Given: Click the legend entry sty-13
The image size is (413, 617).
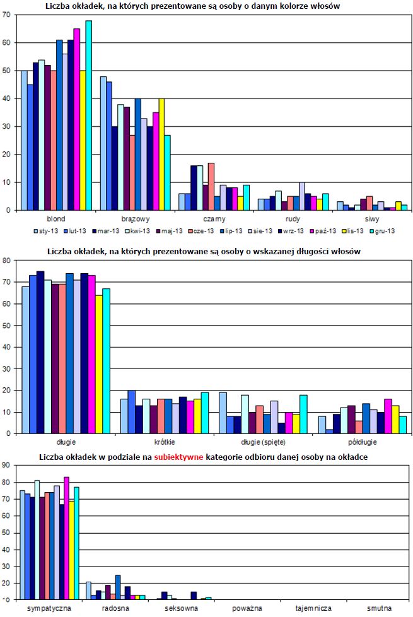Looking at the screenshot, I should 45,231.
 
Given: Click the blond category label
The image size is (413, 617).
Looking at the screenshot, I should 56,219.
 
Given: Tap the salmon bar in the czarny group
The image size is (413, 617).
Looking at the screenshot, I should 211,187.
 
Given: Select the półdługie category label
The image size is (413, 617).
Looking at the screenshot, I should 359,442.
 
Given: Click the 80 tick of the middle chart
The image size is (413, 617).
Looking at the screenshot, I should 6,261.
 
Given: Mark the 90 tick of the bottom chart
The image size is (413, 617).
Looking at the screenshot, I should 6,466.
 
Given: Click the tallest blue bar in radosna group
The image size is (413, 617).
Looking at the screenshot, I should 118,587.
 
